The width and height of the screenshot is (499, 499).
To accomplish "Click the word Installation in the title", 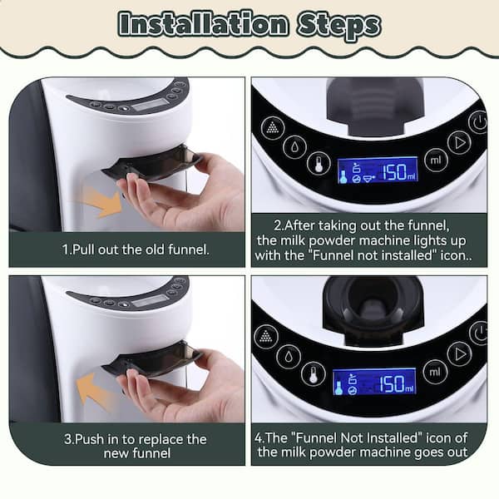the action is point(204,23).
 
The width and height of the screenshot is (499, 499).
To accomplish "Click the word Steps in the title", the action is point(338,26).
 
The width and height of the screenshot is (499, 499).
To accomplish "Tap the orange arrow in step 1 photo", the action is point(101,202).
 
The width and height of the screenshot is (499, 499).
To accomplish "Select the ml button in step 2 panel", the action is point(436,160).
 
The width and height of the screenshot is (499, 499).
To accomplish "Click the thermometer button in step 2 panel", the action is point(319,163).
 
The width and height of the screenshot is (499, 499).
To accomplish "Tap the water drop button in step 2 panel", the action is point(295,146).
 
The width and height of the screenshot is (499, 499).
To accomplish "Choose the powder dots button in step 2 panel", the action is point(273,127).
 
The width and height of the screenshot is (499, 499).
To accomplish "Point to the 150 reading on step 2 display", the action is point(394,172).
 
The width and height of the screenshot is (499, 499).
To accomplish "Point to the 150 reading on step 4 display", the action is point(392,383).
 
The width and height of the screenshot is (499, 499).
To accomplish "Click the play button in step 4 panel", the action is point(459,354).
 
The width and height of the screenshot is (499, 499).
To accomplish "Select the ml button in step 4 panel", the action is point(435,372).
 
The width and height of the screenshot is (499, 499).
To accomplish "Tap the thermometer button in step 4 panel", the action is point(314,374).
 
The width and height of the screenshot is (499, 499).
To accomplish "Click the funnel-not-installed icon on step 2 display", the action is point(368,179).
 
